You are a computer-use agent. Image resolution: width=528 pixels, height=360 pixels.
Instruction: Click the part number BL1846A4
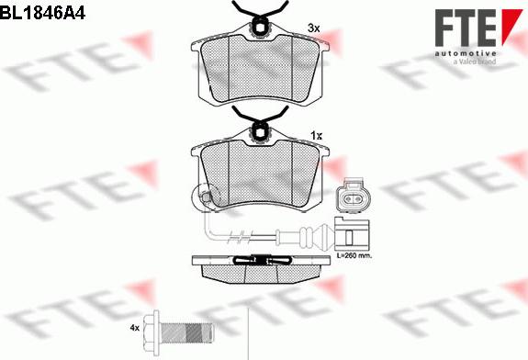click(43, 13)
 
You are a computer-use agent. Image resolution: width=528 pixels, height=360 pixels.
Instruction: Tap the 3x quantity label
click(313, 28)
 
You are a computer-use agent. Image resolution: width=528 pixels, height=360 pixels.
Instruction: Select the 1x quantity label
click(316, 136)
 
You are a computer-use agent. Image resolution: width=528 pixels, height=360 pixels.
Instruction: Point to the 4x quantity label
click(134, 327)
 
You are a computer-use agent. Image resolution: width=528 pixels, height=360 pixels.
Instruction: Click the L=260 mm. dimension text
click(354, 255)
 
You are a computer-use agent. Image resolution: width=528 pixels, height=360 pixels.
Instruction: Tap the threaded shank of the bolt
click(187, 332)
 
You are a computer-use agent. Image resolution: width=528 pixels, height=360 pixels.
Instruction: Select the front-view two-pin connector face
click(354, 196)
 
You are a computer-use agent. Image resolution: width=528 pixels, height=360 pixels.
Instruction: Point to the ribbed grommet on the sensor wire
click(306, 234)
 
